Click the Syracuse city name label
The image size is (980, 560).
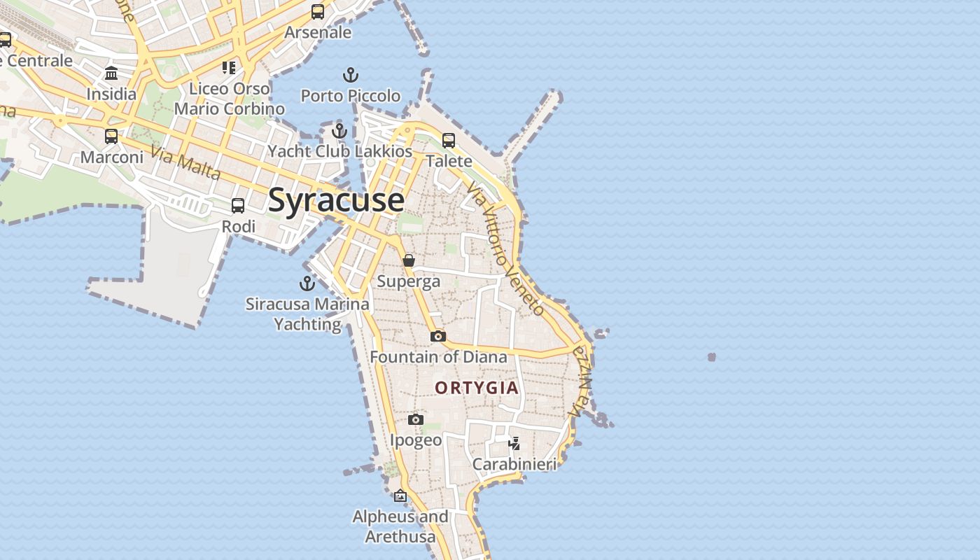point(336,200)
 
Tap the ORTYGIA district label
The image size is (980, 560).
point(477,388)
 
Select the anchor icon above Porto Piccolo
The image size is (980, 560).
point(350,75)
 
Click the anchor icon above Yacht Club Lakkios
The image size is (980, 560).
point(339,131)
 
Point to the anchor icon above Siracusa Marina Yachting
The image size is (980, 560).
point(307,283)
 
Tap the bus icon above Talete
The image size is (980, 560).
point(449,141)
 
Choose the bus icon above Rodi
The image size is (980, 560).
point(238,206)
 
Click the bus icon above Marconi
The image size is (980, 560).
point(111,136)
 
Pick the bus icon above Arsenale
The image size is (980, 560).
point(318,12)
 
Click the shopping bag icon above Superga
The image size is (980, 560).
point(409,260)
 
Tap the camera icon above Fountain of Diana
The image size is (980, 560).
point(438,337)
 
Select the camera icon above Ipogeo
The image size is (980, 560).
point(416,419)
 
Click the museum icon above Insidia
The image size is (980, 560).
point(111,73)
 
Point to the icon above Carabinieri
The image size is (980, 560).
point(514,443)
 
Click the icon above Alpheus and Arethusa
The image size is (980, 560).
point(400,496)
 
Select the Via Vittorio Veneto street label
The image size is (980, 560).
point(506,248)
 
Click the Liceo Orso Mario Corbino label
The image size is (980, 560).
point(230,99)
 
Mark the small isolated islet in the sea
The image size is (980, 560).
point(712,357)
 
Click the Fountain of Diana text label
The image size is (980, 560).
point(438,357)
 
